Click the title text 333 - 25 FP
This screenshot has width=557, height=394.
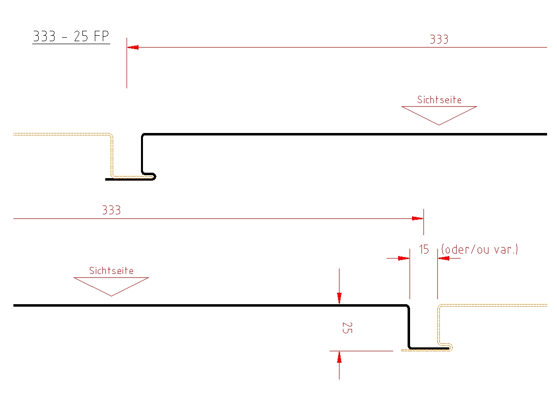coord(71,37)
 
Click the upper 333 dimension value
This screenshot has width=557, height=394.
coord(439,40)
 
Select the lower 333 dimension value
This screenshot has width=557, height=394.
coord(111,210)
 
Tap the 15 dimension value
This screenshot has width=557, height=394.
coord(423,250)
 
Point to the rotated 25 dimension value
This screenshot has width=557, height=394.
coord(347,328)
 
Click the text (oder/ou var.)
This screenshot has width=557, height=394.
coord(479,250)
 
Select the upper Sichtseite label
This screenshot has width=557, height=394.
coord(439,100)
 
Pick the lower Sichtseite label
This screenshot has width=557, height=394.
coord(111,271)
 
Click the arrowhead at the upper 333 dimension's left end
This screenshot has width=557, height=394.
coord(133,47)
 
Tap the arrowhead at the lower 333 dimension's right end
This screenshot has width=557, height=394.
coord(418,218)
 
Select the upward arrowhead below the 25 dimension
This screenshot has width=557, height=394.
coord(339,357)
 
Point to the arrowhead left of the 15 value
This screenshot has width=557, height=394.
coord(404,258)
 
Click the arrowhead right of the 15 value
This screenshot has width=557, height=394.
coord(443,258)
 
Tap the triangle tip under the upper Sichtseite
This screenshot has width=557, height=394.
coord(439,124)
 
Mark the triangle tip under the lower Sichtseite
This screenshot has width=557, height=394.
coord(111,295)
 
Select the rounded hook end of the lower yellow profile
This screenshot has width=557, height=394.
coord(450,346)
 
